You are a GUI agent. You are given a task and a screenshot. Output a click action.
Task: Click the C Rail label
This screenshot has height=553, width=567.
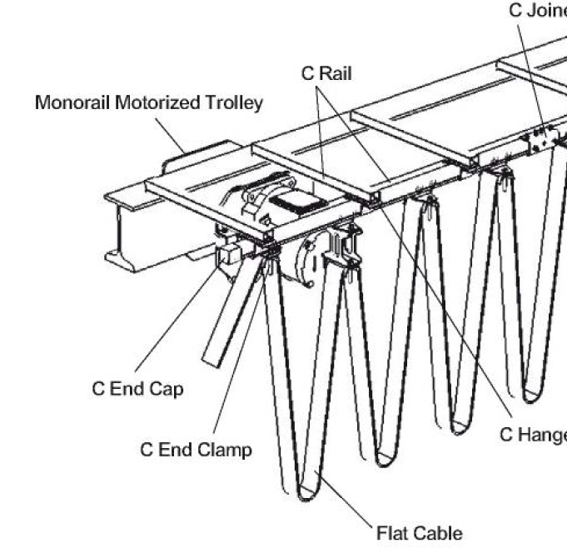pyautogui.click(x=326, y=73)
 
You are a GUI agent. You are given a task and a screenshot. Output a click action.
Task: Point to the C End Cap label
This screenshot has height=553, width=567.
pyautogui.click(x=137, y=390)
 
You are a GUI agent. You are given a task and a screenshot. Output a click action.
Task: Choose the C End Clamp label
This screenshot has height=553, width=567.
pyautogui.click(x=196, y=450)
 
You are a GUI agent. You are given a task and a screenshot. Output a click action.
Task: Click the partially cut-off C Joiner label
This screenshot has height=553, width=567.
pyautogui.click(x=537, y=11)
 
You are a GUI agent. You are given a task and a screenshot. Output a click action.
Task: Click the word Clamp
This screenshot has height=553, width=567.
pyautogui.click(x=223, y=450)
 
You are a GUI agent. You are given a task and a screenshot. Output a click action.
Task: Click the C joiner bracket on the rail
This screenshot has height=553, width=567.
pyautogui.click(x=537, y=137)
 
